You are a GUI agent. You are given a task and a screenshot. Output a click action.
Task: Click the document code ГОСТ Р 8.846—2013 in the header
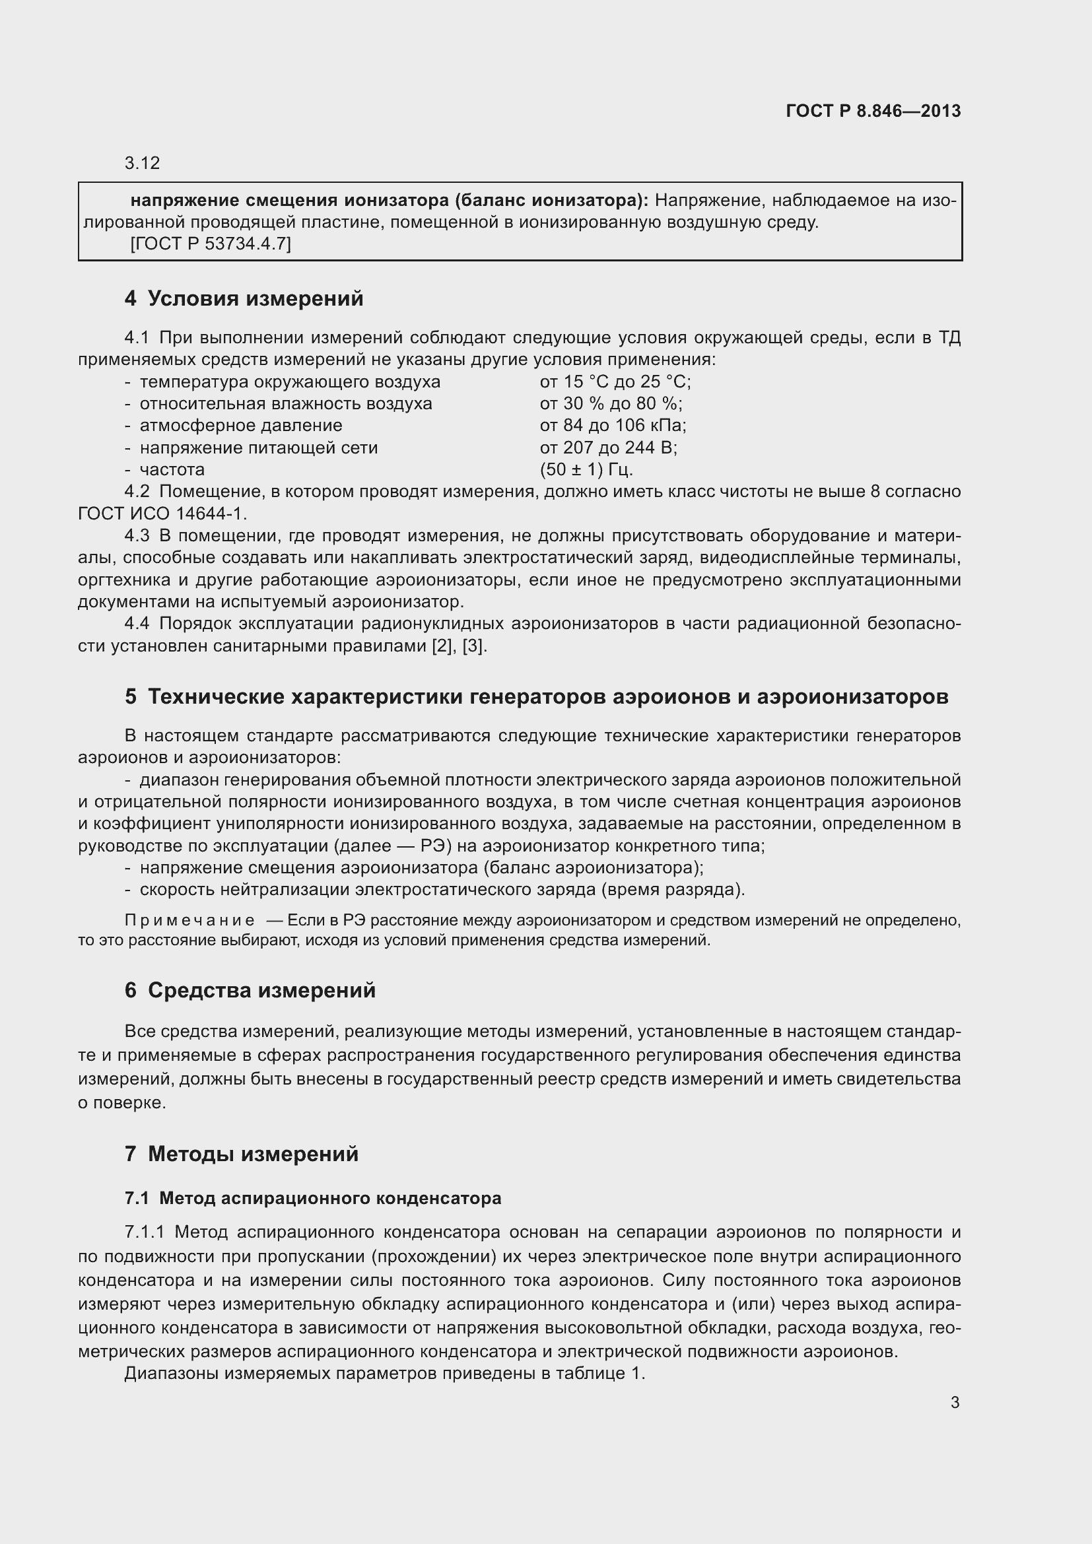(x=873, y=111)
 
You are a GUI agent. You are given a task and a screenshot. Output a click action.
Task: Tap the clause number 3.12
(x=142, y=163)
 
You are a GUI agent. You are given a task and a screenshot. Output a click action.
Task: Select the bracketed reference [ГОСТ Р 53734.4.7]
(x=211, y=244)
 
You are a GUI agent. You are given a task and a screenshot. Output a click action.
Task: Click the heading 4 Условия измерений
(x=244, y=298)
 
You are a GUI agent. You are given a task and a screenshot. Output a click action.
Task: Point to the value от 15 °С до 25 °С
(x=615, y=382)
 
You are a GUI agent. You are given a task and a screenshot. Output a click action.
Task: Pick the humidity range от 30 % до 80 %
(x=611, y=403)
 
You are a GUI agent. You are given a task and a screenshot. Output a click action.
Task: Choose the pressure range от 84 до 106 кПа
(x=613, y=426)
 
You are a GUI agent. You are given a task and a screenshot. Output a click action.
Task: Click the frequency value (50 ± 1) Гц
(x=586, y=469)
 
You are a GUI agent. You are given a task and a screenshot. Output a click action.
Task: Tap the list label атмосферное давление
(x=241, y=426)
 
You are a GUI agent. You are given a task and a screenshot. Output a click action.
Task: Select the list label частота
(x=172, y=469)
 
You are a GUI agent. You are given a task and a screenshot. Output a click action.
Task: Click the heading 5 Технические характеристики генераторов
(x=536, y=696)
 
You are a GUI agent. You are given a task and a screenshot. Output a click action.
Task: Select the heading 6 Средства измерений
(x=250, y=991)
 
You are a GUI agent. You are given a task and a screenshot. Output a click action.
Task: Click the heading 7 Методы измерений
(x=242, y=1154)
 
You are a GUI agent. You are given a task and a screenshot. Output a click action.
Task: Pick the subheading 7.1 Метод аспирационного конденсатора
(x=313, y=1198)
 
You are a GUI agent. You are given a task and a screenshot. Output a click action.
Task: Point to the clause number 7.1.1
(x=144, y=1232)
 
